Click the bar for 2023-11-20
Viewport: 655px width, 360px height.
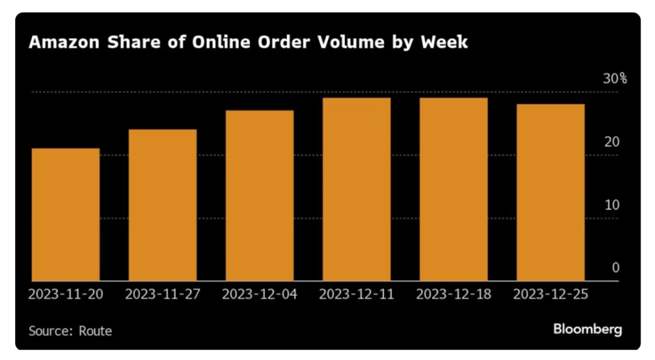pos(65,215)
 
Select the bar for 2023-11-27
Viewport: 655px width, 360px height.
pos(163,205)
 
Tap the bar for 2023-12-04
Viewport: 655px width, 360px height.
pos(260,195)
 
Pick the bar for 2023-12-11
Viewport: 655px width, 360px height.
pos(357,189)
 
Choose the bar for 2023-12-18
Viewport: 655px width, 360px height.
pos(454,189)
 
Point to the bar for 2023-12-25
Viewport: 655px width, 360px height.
pos(551,192)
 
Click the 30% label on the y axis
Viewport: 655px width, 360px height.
pos(614,79)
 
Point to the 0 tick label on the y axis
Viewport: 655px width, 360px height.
pos(616,268)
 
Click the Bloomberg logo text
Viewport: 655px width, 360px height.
pos(587,329)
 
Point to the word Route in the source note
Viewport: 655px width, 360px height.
pos(95,331)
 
